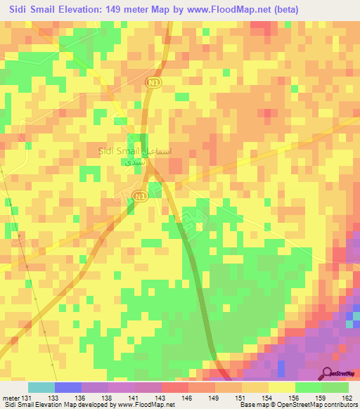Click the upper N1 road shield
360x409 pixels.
(x=152, y=83)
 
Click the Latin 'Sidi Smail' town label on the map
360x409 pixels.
(x=117, y=150)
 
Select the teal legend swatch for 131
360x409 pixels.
(x=41, y=387)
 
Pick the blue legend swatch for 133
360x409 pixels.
(x=68, y=387)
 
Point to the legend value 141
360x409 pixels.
(x=131, y=398)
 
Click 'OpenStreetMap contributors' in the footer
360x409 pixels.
(x=317, y=405)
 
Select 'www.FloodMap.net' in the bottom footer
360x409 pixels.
(x=146, y=405)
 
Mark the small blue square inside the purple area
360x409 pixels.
(x=282, y=368)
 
